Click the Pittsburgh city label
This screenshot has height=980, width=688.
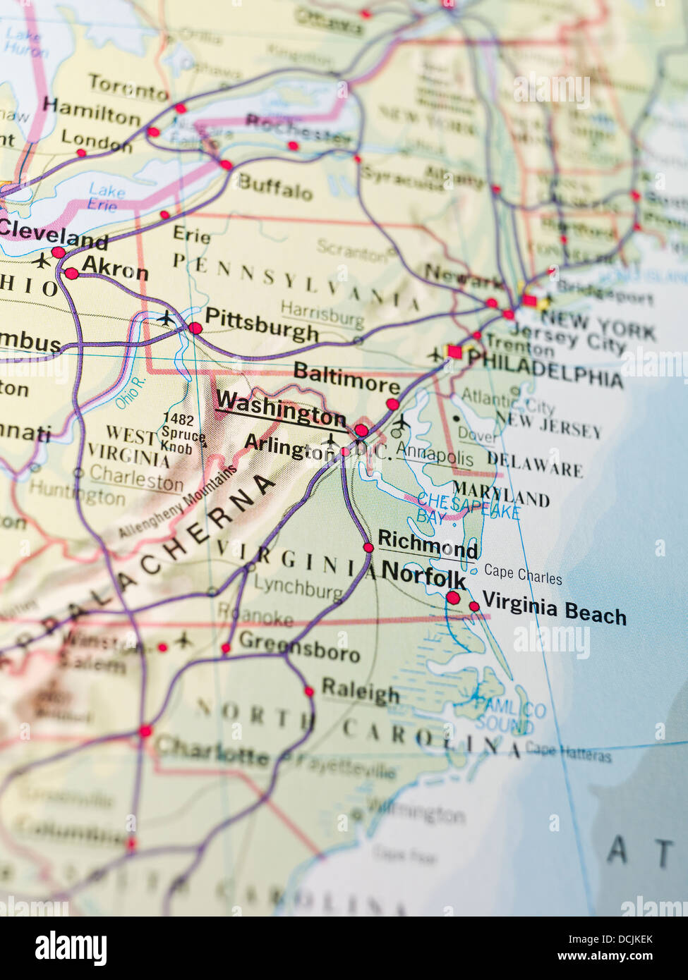[x=262, y=326]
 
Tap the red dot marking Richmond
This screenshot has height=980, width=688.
[x=368, y=547]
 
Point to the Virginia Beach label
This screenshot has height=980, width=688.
[x=554, y=608]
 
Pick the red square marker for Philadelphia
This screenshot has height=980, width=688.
[x=454, y=351]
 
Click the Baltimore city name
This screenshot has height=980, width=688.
[x=346, y=378]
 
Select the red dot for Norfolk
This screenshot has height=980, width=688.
[x=453, y=598]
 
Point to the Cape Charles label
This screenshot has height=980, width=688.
[x=523, y=574]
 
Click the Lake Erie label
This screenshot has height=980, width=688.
[x=105, y=197]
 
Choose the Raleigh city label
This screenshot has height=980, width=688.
[x=360, y=690]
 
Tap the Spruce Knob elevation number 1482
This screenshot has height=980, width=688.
[x=178, y=418]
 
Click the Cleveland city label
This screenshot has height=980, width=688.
[x=54, y=233]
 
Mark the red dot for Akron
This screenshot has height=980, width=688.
[x=71, y=274]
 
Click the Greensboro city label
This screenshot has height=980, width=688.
[x=299, y=645]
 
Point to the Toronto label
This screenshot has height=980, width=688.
[x=128, y=88]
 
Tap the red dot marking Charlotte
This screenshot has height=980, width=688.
[x=145, y=731]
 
